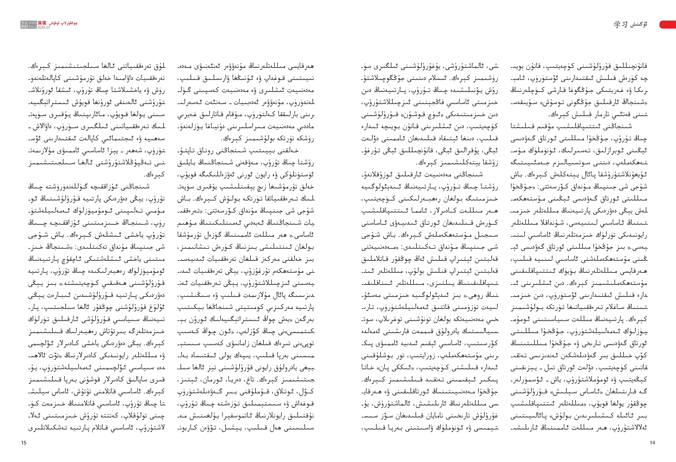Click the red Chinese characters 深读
click(42, 23)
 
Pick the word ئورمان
click(221, 380)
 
